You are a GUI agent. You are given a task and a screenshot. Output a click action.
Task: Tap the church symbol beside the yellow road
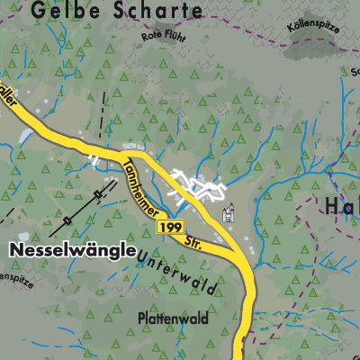click(x=229, y=214)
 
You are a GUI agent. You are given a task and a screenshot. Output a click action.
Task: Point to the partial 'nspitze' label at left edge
click(x=16, y=278)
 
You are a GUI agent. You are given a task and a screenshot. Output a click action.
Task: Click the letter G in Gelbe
click(x=37, y=11)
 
